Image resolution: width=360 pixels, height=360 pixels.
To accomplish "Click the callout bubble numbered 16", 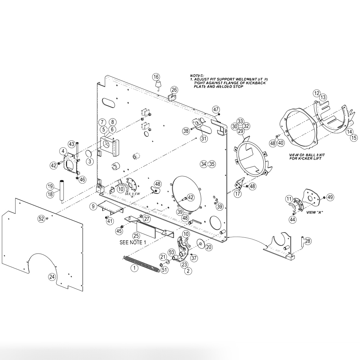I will tap(156, 77).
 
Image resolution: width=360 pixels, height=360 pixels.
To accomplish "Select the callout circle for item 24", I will tap(52, 277).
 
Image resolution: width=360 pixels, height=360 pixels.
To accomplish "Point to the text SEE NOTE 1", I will tap(133, 242).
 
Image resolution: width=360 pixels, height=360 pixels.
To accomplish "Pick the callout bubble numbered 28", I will tap(307, 241).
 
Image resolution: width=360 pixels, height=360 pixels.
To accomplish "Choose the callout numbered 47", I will tap(216, 109).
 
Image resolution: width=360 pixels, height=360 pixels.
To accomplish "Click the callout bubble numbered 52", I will tap(41, 219).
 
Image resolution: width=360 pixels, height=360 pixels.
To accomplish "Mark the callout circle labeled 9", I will tap(93, 206).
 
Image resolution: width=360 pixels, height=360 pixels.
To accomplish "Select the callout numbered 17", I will tap(238, 193).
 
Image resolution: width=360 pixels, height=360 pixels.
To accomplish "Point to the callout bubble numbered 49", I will tap(330, 197).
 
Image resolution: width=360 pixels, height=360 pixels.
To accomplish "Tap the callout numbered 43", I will tap(71, 144).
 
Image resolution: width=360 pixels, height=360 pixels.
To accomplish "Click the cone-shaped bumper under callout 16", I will tap(157, 85).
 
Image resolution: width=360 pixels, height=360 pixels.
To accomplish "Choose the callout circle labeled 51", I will tap(164, 270).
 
